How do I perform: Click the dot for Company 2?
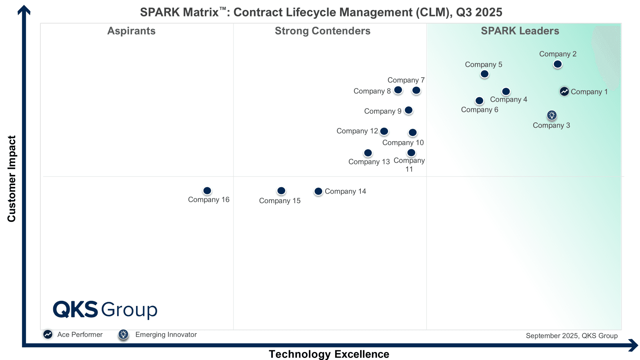pyautogui.click(x=558, y=64)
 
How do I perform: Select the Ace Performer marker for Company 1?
pyautogui.click(x=564, y=92)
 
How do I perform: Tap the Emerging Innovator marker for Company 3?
pyautogui.click(x=552, y=115)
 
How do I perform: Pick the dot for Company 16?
pyautogui.click(x=207, y=191)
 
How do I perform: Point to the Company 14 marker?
pyautogui.click(x=318, y=191)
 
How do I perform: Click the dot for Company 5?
pyautogui.click(x=484, y=74)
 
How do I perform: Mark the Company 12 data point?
pyautogui.click(x=384, y=131)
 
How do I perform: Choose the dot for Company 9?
pyautogui.click(x=408, y=110)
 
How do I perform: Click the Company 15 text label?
pyautogui.click(x=280, y=201)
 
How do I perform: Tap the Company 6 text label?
pyautogui.click(x=480, y=110)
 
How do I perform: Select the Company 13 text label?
pyautogui.click(x=369, y=162)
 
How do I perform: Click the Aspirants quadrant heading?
pyautogui.click(x=131, y=31)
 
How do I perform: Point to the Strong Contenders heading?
pyautogui.click(x=322, y=31)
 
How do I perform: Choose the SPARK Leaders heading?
pyautogui.click(x=520, y=31)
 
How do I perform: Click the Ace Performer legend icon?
pyautogui.click(x=48, y=334)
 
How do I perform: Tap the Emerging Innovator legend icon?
pyautogui.click(x=123, y=334)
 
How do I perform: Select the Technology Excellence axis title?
pyautogui.click(x=329, y=354)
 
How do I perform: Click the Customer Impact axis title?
pyautogui.click(x=12, y=178)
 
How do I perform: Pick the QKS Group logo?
pyautogui.click(x=105, y=310)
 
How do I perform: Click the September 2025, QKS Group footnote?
pyautogui.click(x=572, y=336)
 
